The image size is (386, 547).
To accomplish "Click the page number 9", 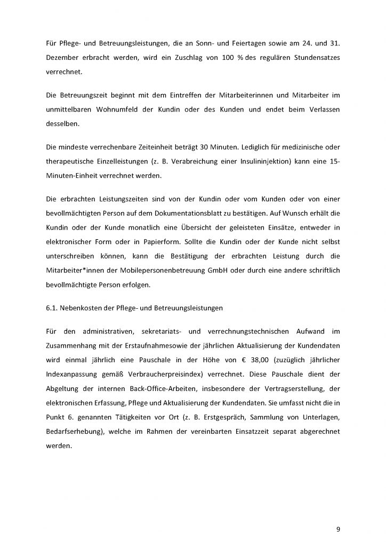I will [x=338, y=529].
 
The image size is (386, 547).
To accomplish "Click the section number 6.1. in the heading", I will [x=54, y=308].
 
